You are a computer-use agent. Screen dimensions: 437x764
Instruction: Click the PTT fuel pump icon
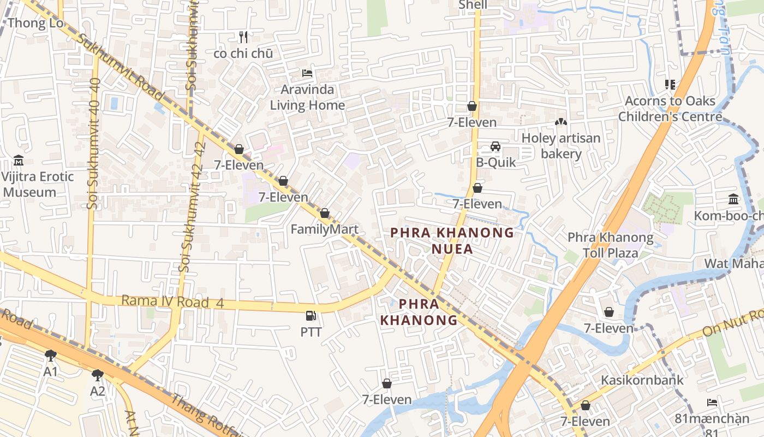coord(311,315)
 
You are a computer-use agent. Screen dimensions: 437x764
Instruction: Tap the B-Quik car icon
coord(495,146)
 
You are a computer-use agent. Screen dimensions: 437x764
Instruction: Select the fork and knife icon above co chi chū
coord(243,37)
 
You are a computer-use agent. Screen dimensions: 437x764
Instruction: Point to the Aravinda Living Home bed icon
coord(307,73)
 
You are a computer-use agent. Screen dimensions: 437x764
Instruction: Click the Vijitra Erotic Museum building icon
coord(19,161)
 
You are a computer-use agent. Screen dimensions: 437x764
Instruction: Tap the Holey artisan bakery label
coord(561,146)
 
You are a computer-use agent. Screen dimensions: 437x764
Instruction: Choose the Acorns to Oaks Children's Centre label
coord(670,109)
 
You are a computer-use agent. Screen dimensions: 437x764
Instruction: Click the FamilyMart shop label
coord(324,229)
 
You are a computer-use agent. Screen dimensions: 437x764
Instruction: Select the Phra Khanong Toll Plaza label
coord(610,245)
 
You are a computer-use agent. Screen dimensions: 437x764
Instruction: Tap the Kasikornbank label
coord(642,380)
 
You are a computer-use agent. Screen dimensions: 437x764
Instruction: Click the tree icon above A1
coord(51,356)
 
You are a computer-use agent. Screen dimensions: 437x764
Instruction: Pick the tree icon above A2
coord(97,375)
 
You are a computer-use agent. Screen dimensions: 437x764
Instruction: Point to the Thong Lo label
coord(35,23)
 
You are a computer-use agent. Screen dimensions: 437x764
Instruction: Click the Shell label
coord(473,5)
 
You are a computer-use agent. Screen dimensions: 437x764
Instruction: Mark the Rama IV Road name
coord(165,302)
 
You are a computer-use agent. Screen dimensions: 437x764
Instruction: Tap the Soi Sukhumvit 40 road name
coord(93,143)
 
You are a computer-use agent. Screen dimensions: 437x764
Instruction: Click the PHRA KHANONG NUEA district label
coord(452,241)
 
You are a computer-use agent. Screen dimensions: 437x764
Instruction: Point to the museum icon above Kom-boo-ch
coord(733,199)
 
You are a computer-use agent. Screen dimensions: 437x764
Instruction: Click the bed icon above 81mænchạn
coord(712,403)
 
